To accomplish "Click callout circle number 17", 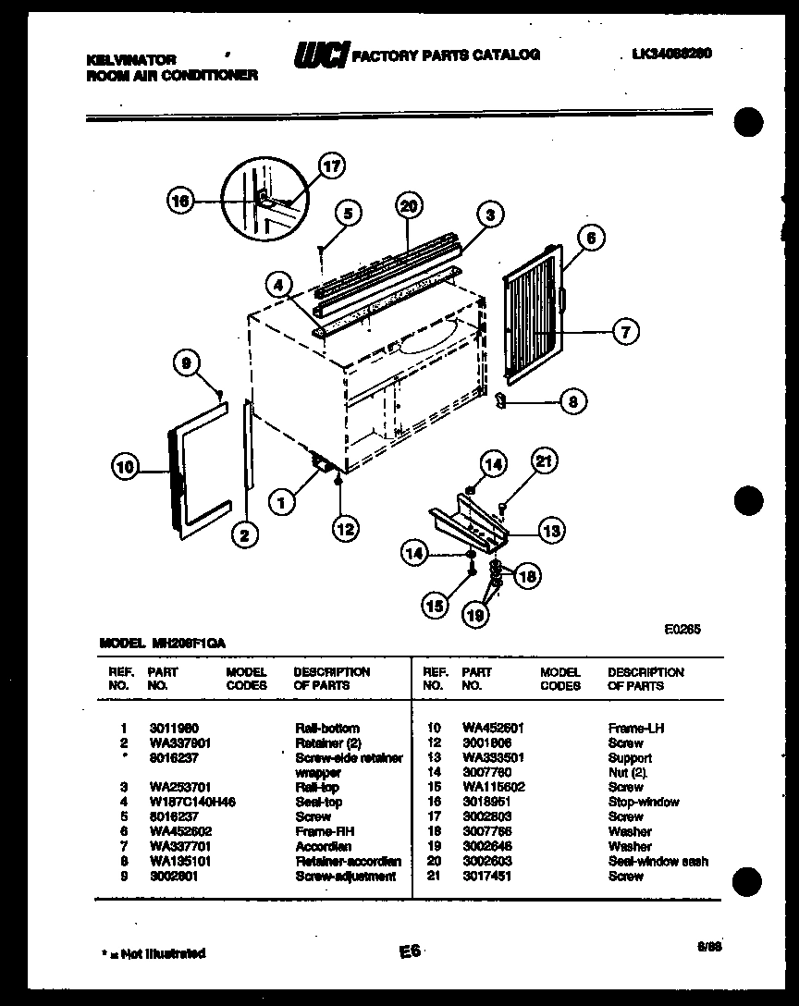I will click(331, 166).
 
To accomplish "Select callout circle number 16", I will click(182, 201).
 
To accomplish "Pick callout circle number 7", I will click(625, 330).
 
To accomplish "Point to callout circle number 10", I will click(127, 468).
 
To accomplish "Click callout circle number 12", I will click(345, 529).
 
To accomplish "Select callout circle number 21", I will click(547, 460).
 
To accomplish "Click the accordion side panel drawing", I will click(532, 313).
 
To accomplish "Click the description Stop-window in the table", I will click(644, 802).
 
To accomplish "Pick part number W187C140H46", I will click(191, 802).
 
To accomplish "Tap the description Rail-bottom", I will click(326, 728).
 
